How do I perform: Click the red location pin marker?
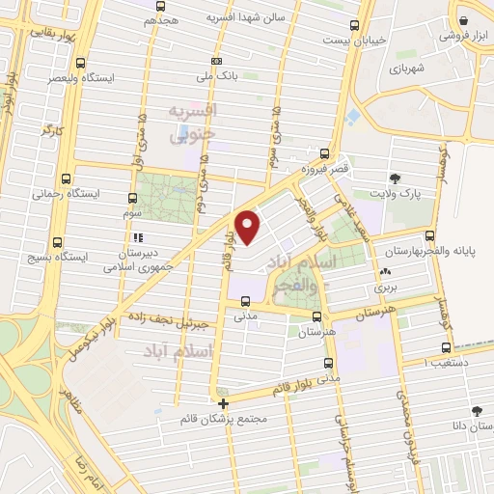(x=249, y=226)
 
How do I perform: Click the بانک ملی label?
(x=216, y=75)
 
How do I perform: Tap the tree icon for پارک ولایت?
(x=395, y=178)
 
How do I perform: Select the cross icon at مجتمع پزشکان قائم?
(x=224, y=403)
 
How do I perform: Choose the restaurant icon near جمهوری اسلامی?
(x=137, y=236)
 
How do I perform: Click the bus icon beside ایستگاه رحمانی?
(x=65, y=178)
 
